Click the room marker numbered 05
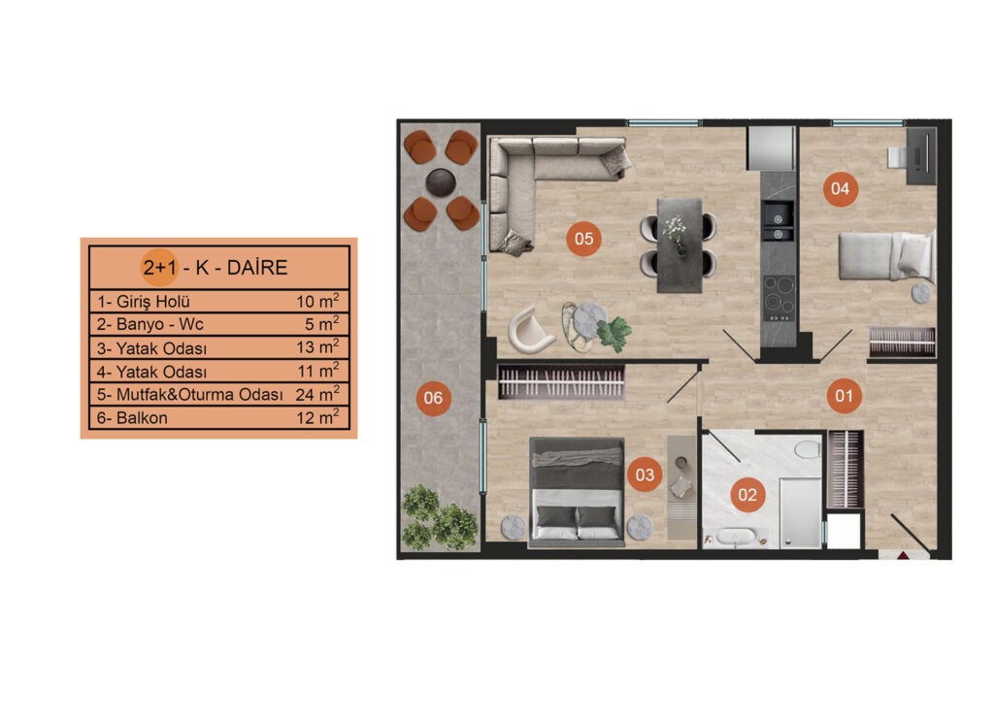(x=583, y=238)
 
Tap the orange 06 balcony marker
(x=433, y=398)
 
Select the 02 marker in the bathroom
(x=747, y=495)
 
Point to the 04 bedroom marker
(x=840, y=188)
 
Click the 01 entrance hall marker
(x=844, y=396)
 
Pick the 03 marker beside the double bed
(x=645, y=474)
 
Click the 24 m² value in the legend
(x=317, y=394)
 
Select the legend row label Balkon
(x=142, y=418)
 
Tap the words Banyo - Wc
(x=160, y=324)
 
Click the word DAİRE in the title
(x=257, y=268)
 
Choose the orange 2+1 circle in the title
(x=160, y=268)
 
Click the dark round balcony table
(x=441, y=182)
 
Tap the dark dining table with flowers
(x=679, y=245)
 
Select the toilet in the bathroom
(x=807, y=450)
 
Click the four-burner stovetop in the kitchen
(x=779, y=297)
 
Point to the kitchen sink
(x=778, y=221)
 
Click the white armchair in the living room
(x=530, y=330)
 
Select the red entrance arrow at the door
(x=903, y=556)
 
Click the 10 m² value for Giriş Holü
(x=317, y=301)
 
